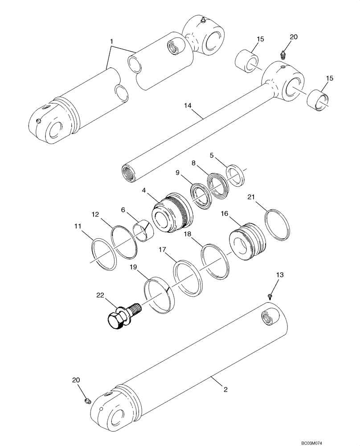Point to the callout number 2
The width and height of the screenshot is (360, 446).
[225, 390]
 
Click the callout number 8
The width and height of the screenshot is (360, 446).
[194, 164]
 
